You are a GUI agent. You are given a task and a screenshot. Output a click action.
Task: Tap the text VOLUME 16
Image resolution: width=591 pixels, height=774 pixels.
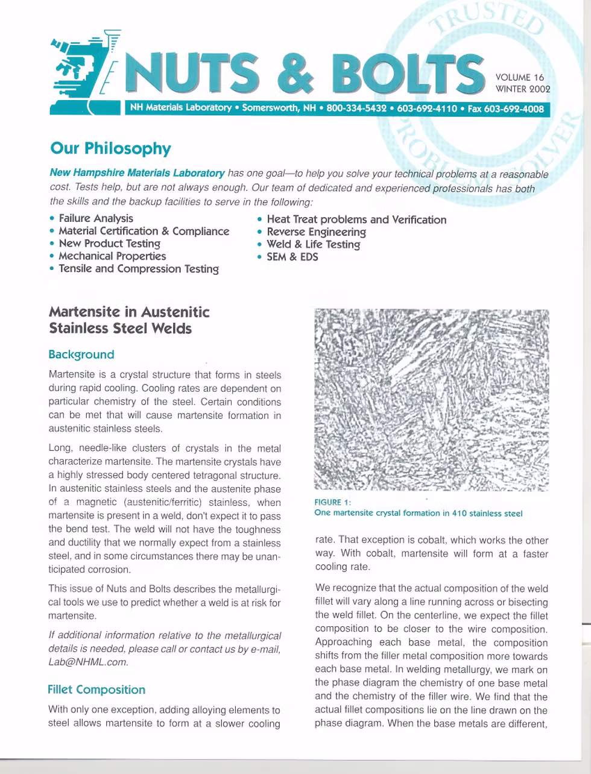[x=519, y=77]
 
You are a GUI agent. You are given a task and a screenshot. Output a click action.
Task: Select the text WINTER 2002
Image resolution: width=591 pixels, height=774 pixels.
[x=522, y=89]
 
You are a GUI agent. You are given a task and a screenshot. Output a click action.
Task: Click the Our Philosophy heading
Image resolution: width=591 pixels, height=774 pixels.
[x=110, y=148]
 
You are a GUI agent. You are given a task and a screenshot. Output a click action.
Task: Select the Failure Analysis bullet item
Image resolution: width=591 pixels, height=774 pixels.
[x=95, y=218]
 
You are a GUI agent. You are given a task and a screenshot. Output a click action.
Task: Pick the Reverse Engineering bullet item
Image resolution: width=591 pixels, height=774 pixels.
[x=316, y=232]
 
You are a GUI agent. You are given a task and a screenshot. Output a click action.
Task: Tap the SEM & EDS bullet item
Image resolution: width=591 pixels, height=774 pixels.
[x=292, y=257]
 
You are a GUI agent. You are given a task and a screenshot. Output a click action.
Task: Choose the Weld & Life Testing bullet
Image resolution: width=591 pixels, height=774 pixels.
[x=313, y=244]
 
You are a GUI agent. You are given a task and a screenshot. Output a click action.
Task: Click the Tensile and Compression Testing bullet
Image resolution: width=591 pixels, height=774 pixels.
[x=138, y=269]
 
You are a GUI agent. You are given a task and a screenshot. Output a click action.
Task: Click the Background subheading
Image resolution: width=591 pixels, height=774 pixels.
[x=81, y=354]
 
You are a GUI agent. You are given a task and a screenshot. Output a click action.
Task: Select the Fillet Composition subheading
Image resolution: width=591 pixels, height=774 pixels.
[x=96, y=690]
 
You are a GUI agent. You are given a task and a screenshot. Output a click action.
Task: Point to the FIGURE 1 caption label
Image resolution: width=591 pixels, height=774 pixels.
[x=332, y=502]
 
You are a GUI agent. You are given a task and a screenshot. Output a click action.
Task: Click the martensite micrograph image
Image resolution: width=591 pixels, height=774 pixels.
[x=432, y=399]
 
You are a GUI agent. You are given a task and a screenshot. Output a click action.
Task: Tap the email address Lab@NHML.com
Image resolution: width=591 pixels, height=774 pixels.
[x=88, y=661]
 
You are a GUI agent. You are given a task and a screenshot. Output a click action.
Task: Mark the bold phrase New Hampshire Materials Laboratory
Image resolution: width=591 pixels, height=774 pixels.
[x=137, y=173]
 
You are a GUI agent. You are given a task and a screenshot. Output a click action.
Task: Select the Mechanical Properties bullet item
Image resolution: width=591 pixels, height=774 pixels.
[x=112, y=256]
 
